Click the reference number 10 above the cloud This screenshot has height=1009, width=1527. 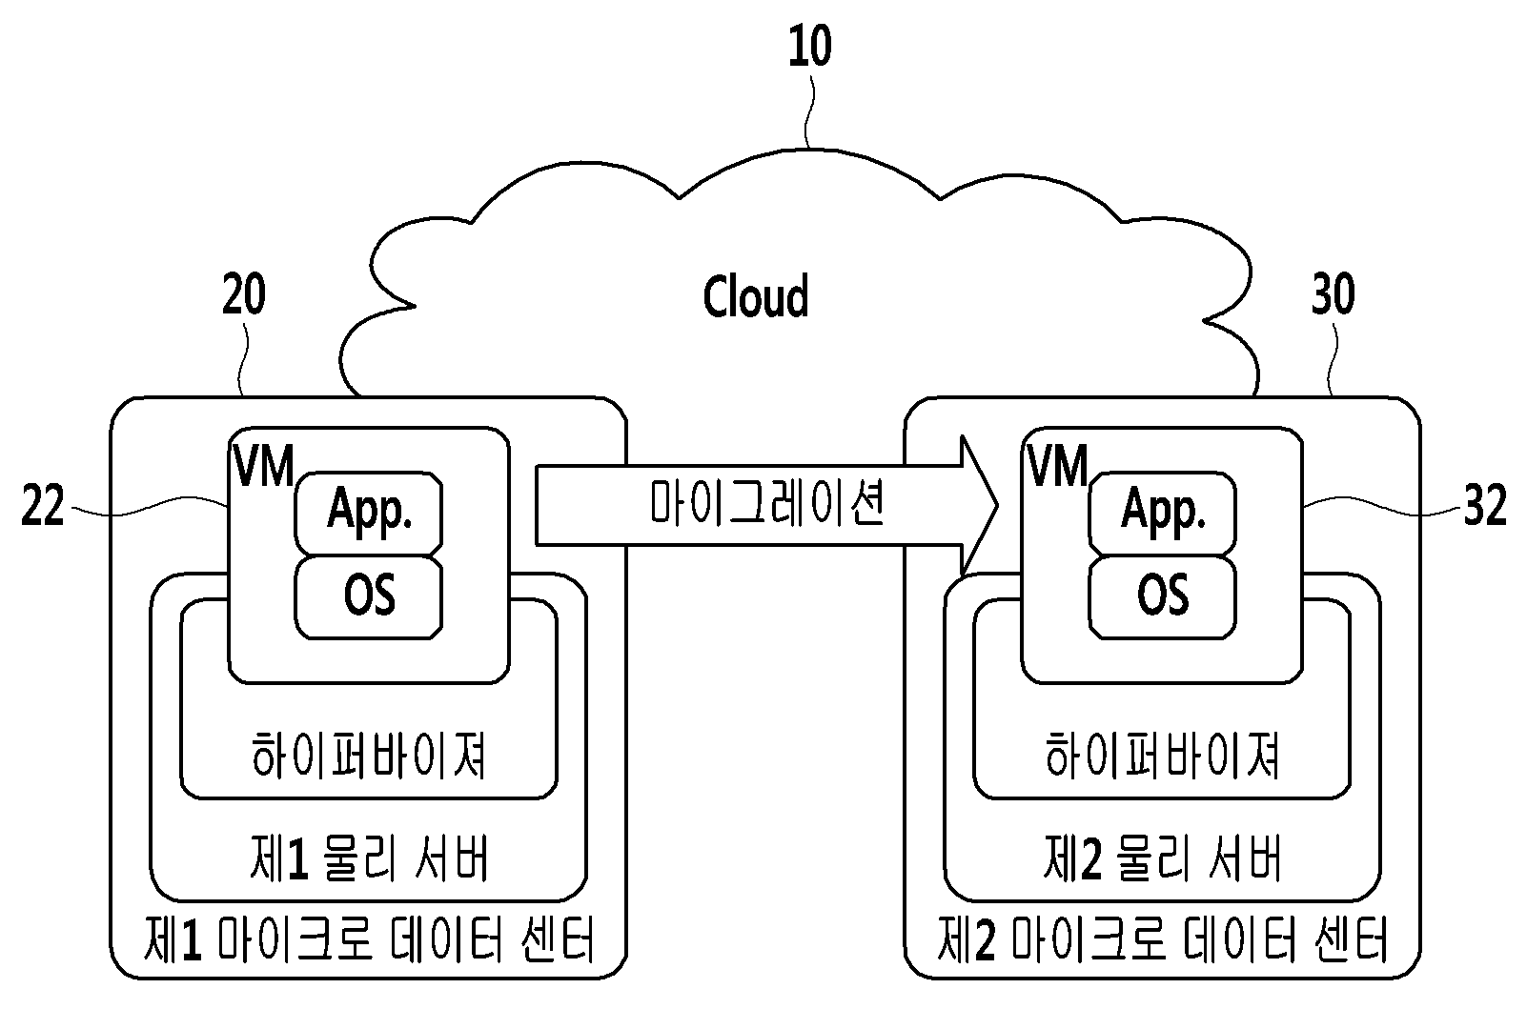tap(810, 46)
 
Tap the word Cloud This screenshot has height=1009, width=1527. tap(756, 296)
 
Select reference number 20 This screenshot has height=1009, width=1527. tap(243, 294)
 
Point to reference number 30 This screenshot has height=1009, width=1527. tap(1334, 294)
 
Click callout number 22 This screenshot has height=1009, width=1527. tap(42, 505)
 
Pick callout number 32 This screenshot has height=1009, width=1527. tap(1485, 505)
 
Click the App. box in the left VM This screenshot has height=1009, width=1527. tap(369, 513)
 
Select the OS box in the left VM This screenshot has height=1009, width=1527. tap(369, 596)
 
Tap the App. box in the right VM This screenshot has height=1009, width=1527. tap(1162, 513)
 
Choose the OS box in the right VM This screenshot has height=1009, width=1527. tap(1162, 596)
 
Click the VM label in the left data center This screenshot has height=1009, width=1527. tap(264, 466)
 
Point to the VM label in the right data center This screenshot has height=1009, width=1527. tap(1058, 466)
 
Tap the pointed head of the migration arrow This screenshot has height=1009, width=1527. tap(997, 506)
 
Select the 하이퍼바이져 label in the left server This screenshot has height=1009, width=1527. tap(369, 756)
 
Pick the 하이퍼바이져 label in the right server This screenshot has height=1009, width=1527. tap(1162, 756)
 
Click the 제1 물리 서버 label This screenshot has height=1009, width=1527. tap(369, 858)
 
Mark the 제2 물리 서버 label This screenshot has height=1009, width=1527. tap(1162, 858)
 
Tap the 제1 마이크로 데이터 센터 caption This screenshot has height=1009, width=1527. tap(369, 939)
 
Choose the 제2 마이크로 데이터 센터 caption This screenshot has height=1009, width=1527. tap(1162, 939)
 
